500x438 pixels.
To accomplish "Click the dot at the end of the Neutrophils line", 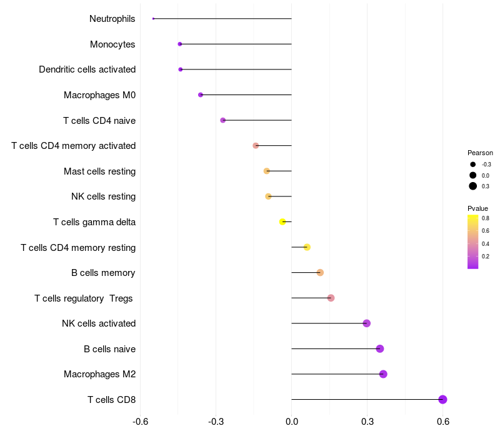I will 153,19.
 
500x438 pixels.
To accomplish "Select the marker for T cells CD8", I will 442,399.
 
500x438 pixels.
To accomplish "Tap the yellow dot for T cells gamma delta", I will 282,222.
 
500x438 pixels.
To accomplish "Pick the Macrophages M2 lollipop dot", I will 383,374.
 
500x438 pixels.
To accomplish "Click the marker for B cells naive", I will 380,349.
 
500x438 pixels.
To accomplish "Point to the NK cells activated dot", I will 367,323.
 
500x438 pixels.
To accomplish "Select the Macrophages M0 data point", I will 201,94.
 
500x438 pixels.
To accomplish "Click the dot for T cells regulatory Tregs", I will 331,298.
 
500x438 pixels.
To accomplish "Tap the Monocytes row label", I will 112,44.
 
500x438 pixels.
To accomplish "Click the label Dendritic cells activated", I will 87,69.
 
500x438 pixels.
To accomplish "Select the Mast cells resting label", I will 100,171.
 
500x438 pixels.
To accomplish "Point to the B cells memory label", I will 104,273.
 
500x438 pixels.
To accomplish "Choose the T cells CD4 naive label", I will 99,120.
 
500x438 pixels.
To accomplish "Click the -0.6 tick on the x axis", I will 141,422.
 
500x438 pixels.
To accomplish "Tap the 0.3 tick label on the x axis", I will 367,422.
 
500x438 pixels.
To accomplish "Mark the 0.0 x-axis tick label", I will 292,422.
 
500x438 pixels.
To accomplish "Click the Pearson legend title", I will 480,153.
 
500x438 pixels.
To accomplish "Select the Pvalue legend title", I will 477,208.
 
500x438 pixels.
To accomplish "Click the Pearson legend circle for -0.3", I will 473,165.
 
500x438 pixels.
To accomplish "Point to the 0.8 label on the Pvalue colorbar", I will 486,218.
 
